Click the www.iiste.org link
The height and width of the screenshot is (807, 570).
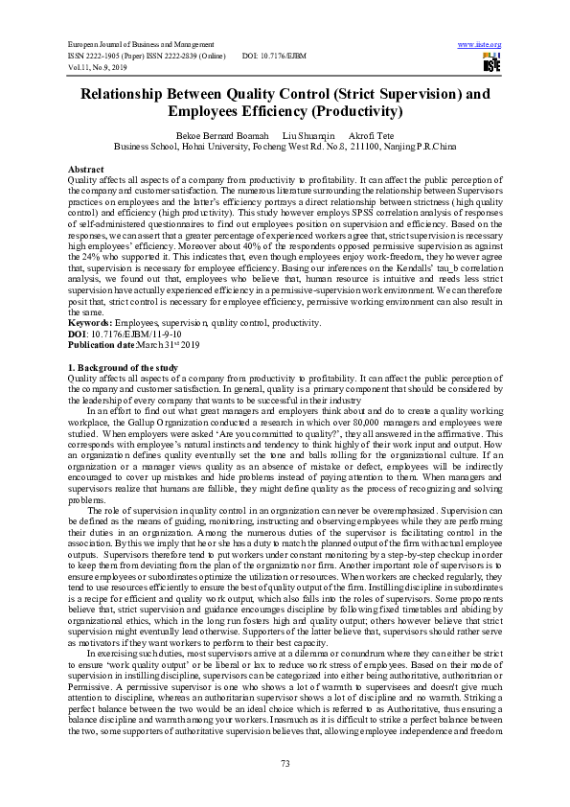pos(480,45)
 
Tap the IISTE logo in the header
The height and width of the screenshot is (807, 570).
pos(491,63)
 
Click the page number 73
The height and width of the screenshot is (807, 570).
pos(285,763)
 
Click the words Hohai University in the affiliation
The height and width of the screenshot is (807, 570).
pos(211,148)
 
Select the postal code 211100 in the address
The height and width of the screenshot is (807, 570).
pos(379,148)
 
